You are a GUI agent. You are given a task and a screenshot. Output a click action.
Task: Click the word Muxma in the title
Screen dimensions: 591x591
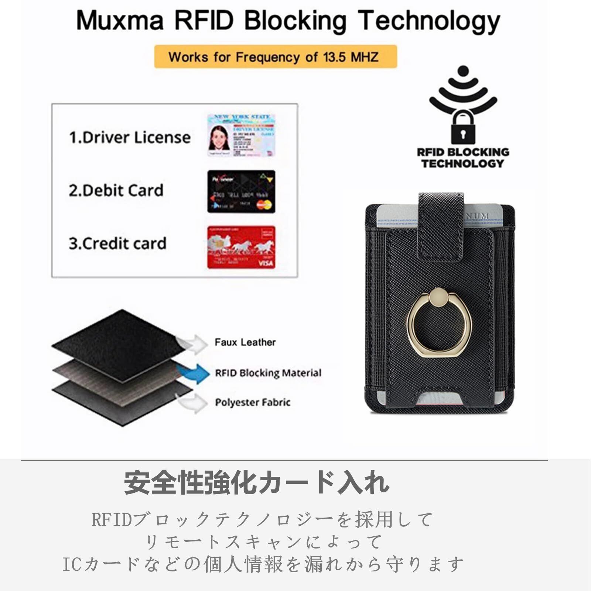coord(119,21)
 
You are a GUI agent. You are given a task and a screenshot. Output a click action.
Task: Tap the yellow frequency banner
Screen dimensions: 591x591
coord(275,57)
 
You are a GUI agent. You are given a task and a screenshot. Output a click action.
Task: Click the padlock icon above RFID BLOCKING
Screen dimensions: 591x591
coord(463,127)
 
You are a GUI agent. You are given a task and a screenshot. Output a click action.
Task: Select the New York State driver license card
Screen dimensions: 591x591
coord(241,135)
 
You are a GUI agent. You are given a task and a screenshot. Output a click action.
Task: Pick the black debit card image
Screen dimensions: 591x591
coord(241,191)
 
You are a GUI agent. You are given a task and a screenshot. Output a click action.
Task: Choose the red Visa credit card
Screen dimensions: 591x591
coord(241,247)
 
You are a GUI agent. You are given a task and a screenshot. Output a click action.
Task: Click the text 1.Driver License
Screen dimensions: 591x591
coord(130,137)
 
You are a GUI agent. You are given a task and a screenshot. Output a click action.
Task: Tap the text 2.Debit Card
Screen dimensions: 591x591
coord(116,191)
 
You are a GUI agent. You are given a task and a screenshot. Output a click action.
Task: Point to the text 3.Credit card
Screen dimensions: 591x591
coord(117,244)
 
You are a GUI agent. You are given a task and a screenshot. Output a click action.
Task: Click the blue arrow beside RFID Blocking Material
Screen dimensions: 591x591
coord(193,373)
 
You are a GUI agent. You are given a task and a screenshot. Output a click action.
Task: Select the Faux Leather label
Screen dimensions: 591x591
coord(245,342)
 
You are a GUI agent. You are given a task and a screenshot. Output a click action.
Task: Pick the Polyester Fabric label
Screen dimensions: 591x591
coord(253,402)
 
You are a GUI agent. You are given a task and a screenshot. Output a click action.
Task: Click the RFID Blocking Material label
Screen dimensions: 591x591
coord(268,373)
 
